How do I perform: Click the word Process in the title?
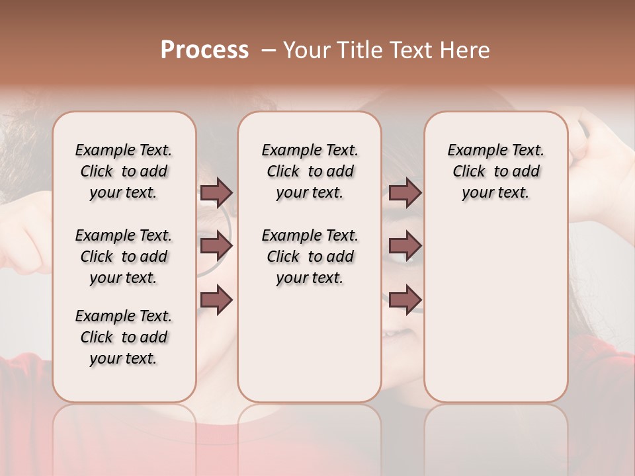[x=204, y=50]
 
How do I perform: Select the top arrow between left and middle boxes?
[x=216, y=192]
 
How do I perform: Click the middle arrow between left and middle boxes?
[x=216, y=246]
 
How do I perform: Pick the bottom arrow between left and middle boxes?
[x=216, y=300]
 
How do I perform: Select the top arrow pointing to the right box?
[x=405, y=192]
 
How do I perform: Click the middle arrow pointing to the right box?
[x=405, y=246]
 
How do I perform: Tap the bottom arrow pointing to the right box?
[x=405, y=300]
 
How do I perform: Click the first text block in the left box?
[x=124, y=171]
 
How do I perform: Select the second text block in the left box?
[x=124, y=257]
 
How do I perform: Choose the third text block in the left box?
[x=124, y=337]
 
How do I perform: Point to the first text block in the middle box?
[x=310, y=171]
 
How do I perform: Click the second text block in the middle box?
[x=310, y=257]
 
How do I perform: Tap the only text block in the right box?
[x=495, y=171]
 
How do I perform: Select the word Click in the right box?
[x=469, y=172]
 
